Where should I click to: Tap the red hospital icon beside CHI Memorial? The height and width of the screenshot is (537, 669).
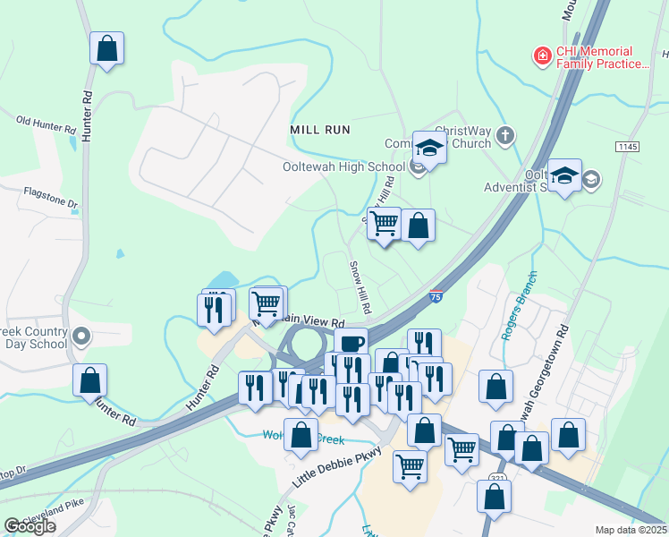point(541,56)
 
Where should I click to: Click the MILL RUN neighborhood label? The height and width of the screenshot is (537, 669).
point(319,130)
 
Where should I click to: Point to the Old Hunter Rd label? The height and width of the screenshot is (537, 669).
point(47,124)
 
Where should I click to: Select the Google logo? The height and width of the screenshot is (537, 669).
point(30,526)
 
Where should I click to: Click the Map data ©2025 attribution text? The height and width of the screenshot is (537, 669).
point(631,530)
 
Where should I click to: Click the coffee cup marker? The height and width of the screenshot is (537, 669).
point(351,343)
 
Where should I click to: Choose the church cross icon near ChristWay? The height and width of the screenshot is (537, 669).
point(505,136)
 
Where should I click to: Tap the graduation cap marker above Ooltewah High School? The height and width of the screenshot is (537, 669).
point(429,149)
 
